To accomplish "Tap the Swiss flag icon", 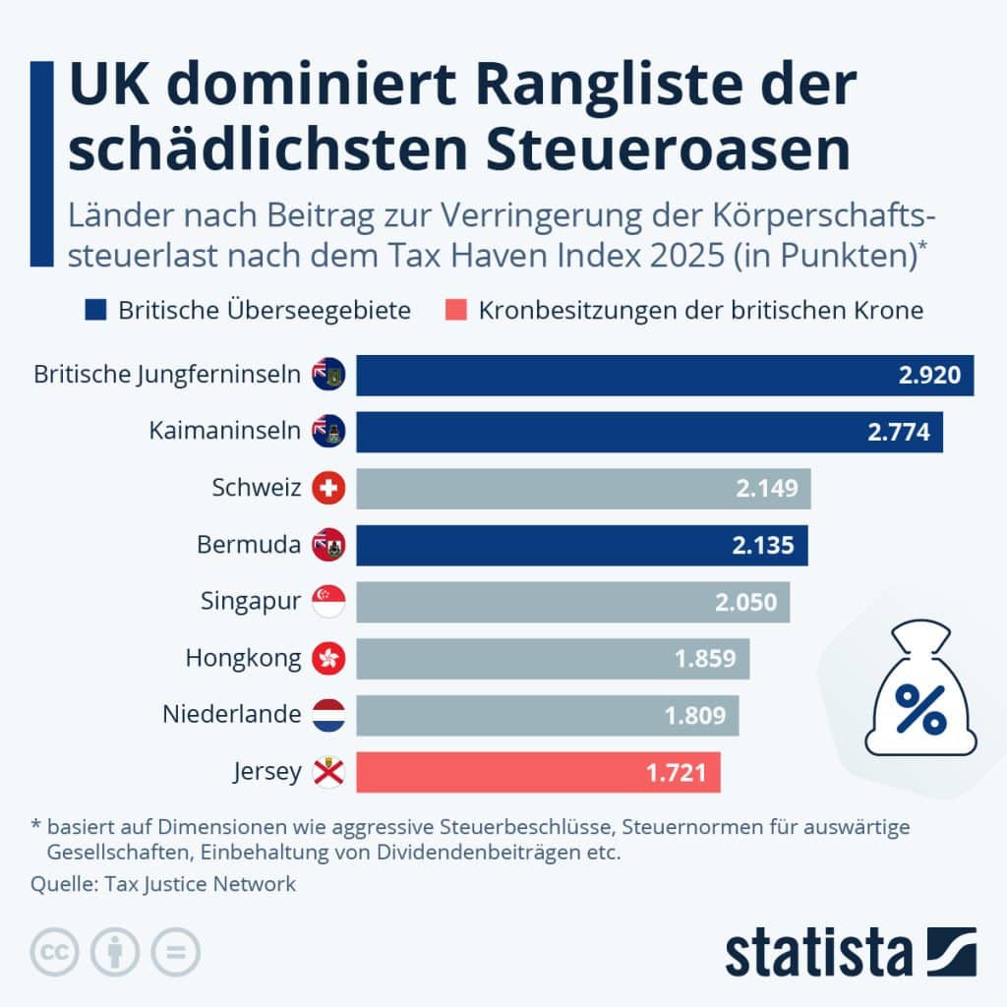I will pos(328,489).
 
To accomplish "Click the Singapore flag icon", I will pos(328,602).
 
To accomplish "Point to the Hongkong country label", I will pos(243,658).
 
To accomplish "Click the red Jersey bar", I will pos(538,772).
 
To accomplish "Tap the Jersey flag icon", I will pos(328,772).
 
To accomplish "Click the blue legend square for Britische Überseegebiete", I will pos(95,311).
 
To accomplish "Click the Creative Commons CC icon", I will pos(55,952).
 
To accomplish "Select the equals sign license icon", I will pos(175,952).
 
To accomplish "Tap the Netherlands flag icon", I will pos(328,715).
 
